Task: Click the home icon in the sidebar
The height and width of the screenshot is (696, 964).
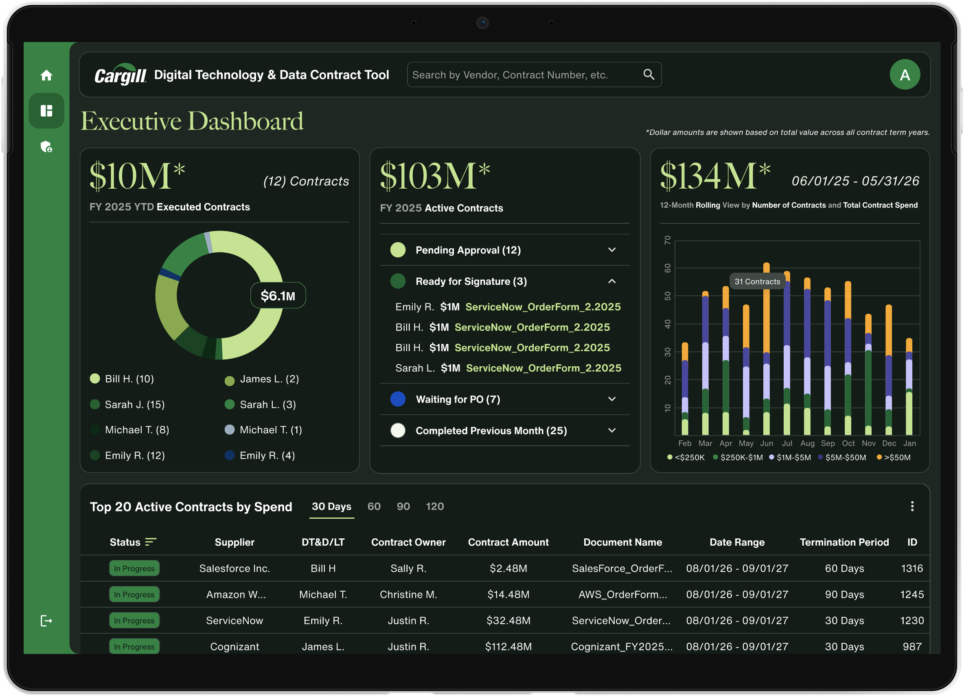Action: point(46,75)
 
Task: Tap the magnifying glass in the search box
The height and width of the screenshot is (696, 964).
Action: point(649,75)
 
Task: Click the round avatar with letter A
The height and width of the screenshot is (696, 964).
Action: point(905,75)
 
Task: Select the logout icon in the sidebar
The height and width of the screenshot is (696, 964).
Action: point(46,621)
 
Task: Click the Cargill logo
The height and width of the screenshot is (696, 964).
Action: point(120,75)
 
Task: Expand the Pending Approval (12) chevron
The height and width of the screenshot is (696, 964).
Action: point(611,250)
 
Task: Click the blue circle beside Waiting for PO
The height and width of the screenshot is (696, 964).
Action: point(398,399)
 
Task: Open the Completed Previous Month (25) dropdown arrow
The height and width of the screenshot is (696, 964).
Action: point(611,431)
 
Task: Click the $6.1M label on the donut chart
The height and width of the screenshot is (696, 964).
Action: point(278,296)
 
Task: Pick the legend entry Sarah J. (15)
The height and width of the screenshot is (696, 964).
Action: point(127,404)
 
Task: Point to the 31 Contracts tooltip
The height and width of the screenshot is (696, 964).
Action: point(758,281)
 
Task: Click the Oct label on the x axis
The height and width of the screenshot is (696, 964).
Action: point(848,443)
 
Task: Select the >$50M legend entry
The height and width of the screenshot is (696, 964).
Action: point(894,457)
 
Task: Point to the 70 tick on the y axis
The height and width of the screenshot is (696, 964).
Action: point(667,240)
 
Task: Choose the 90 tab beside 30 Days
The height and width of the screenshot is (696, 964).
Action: point(403,506)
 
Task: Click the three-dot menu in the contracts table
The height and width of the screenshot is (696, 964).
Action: point(912,506)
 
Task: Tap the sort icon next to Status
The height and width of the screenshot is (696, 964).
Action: point(151,542)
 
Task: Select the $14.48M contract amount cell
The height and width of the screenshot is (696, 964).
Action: point(508,594)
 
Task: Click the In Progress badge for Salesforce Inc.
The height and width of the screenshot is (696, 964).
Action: point(134,568)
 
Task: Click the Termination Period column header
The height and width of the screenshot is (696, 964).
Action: point(844,542)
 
